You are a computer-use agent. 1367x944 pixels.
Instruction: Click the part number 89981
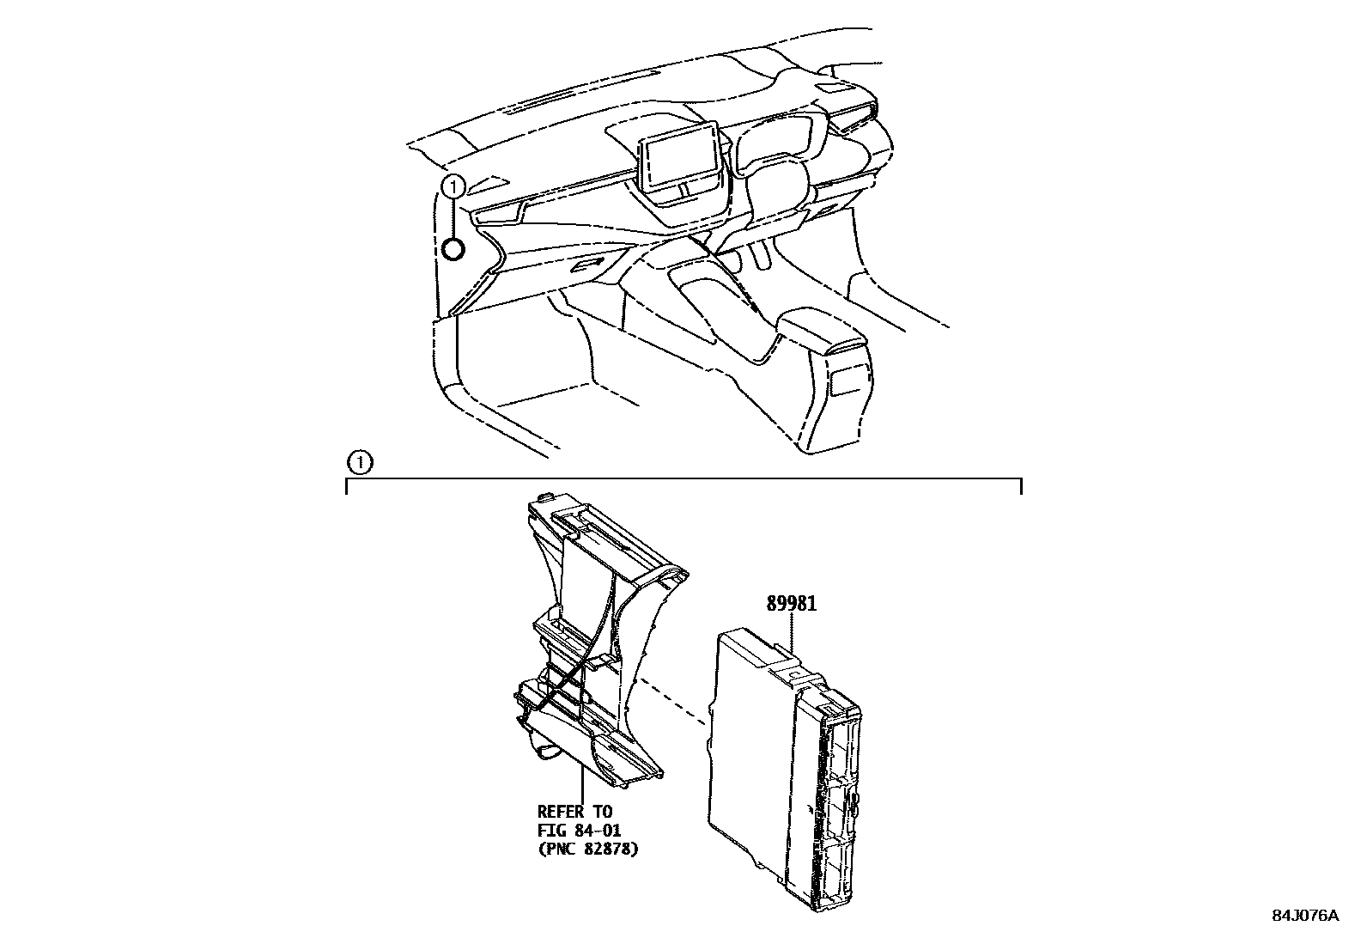click(791, 604)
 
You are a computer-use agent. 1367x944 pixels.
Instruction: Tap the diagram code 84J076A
click(1304, 916)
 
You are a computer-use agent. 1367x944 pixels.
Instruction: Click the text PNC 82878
click(588, 849)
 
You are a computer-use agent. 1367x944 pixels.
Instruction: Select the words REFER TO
click(574, 811)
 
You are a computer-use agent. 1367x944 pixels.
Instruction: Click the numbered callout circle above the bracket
click(360, 463)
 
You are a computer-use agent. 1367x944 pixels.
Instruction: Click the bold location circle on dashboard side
click(453, 249)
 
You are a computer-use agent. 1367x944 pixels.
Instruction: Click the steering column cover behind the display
click(777, 185)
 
